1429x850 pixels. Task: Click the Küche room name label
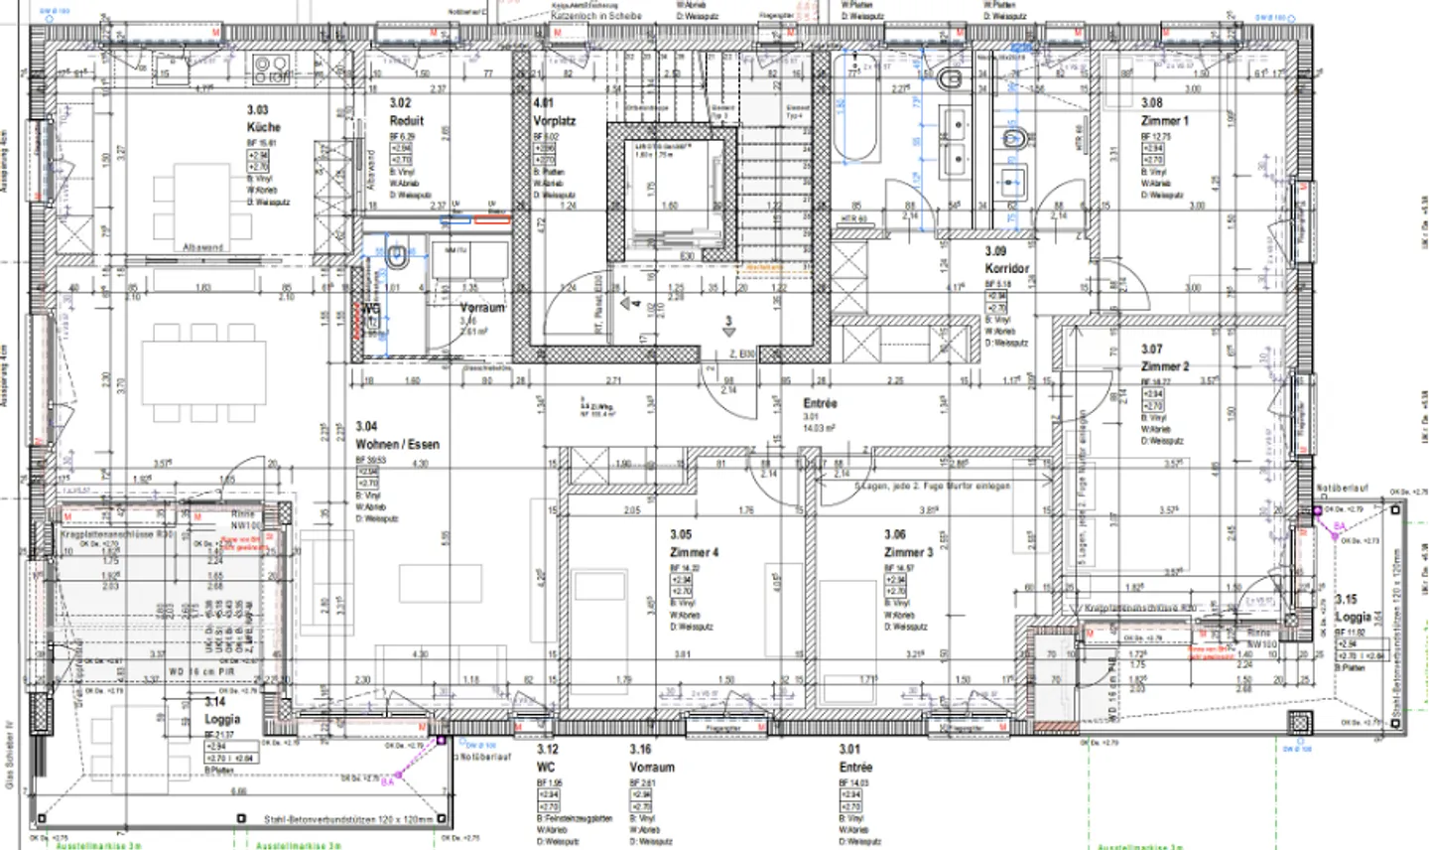pyautogui.click(x=264, y=127)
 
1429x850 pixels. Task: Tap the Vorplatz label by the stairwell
pyautogui.click(x=554, y=120)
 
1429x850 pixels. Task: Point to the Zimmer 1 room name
pyautogui.click(x=1164, y=120)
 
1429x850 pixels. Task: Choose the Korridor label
pyautogui.click(x=1006, y=268)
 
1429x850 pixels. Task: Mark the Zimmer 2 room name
pyautogui.click(x=1164, y=366)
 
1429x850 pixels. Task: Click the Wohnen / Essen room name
pyautogui.click(x=397, y=444)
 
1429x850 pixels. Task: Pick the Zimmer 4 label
pyautogui.click(x=694, y=552)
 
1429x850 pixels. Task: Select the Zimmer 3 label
pyautogui.click(x=908, y=552)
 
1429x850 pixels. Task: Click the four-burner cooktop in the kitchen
pyautogui.click(x=272, y=70)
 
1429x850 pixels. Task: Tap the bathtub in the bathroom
pyautogui.click(x=855, y=109)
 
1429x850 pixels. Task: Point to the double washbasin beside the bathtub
pyautogui.click(x=954, y=140)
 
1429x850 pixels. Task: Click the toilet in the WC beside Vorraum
pyautogui.click(x=397, y=257)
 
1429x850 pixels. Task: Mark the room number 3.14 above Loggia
pyautogui.click(x=214, y=701)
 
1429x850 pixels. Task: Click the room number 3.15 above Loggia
pyautogui.click(x=1346, y=599)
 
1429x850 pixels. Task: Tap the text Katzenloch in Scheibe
pyautogui.click(x=595, y=16)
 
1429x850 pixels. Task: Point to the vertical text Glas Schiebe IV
pyautogui.click(x=10, y=755)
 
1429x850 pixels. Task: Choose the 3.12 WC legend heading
pyautogui.click(x=547, y=758)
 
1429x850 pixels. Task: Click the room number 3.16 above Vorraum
pyautogui.click(x=640, y=750)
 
